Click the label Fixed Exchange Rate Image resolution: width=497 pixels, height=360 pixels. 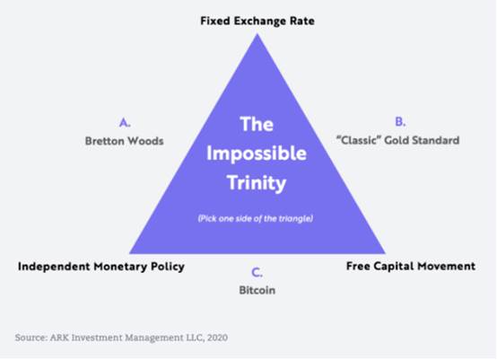point(257,22)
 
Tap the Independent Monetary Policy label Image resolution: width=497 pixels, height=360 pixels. point(101,267)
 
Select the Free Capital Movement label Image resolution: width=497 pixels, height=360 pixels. point(411,266)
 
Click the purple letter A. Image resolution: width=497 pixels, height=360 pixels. point(125,122)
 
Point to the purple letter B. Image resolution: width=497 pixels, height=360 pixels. point(400,121)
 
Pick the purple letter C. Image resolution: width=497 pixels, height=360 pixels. point(257,272)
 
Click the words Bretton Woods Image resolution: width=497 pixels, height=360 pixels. point(124,141)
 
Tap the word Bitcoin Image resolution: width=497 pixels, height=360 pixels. point(257,290)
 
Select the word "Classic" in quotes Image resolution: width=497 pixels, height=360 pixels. point(358,140)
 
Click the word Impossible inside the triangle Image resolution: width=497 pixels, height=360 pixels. point(257,154)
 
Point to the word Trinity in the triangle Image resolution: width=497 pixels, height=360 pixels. point(257,183)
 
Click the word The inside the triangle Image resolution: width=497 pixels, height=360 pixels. point(257,124)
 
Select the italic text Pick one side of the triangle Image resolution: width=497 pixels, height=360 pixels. point(256,218)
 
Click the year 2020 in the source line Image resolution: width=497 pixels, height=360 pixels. point(217,338)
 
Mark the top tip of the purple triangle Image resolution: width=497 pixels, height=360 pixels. point(257,33)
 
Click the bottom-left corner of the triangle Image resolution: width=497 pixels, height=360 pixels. point(129,253)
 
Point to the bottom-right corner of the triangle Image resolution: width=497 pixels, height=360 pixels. point(386,253)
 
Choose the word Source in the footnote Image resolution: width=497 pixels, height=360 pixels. point(31,338)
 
